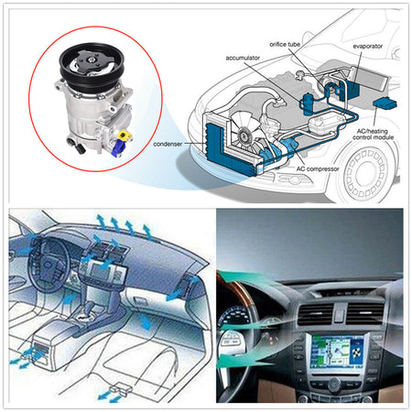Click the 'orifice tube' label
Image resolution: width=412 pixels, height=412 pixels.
point(285,44)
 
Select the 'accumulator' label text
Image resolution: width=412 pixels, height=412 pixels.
point(243,58)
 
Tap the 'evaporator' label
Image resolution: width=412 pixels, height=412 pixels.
point(367,47)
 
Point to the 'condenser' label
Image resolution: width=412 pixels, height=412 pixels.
point(168,144)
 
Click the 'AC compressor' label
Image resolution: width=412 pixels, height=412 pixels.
point(318,168)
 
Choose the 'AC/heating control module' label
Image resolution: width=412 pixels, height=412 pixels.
point(373,135)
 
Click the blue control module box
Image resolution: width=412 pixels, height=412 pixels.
point(385,103)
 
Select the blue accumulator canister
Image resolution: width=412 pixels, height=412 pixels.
point(308,103)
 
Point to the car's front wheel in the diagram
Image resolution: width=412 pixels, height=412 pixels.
point(367,172)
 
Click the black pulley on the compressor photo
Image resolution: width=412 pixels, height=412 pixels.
point(92,65)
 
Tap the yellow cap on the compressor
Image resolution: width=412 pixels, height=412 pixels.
point(124,134)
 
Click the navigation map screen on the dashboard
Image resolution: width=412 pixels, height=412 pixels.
point(337,351)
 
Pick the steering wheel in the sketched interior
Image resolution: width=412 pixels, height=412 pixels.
point(48,266)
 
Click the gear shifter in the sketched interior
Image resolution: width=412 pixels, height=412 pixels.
point(89,311)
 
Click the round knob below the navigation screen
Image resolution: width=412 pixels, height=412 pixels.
point(335,383)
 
